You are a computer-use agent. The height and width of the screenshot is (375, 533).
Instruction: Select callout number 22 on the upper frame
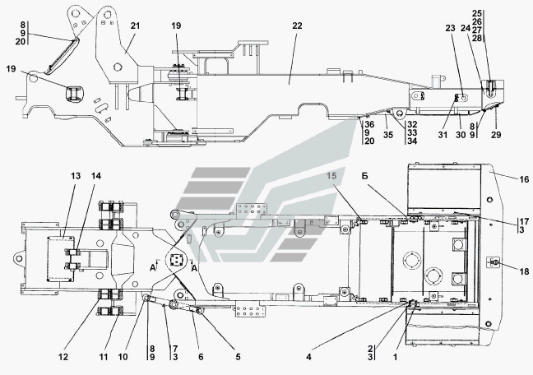296,26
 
